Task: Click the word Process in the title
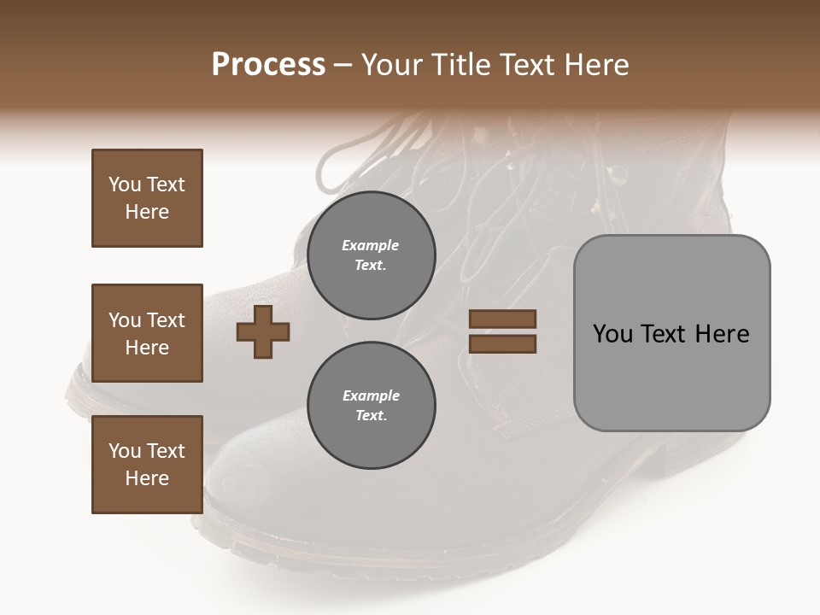click(268, 65)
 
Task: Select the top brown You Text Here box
click(147, 198)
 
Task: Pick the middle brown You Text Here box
click(147, 333)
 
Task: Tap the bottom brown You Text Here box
click(147, 465)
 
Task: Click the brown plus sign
click(263, 331)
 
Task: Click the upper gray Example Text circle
click(371, 255)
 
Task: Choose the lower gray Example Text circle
click(371, 405)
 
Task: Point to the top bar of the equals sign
click(502, 319)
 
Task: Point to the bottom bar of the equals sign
click(502, 343)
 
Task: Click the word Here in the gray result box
click(722, 334)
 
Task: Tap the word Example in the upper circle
click(370, 245)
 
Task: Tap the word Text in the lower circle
click(370, 415)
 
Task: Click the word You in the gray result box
click(612, 334)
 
